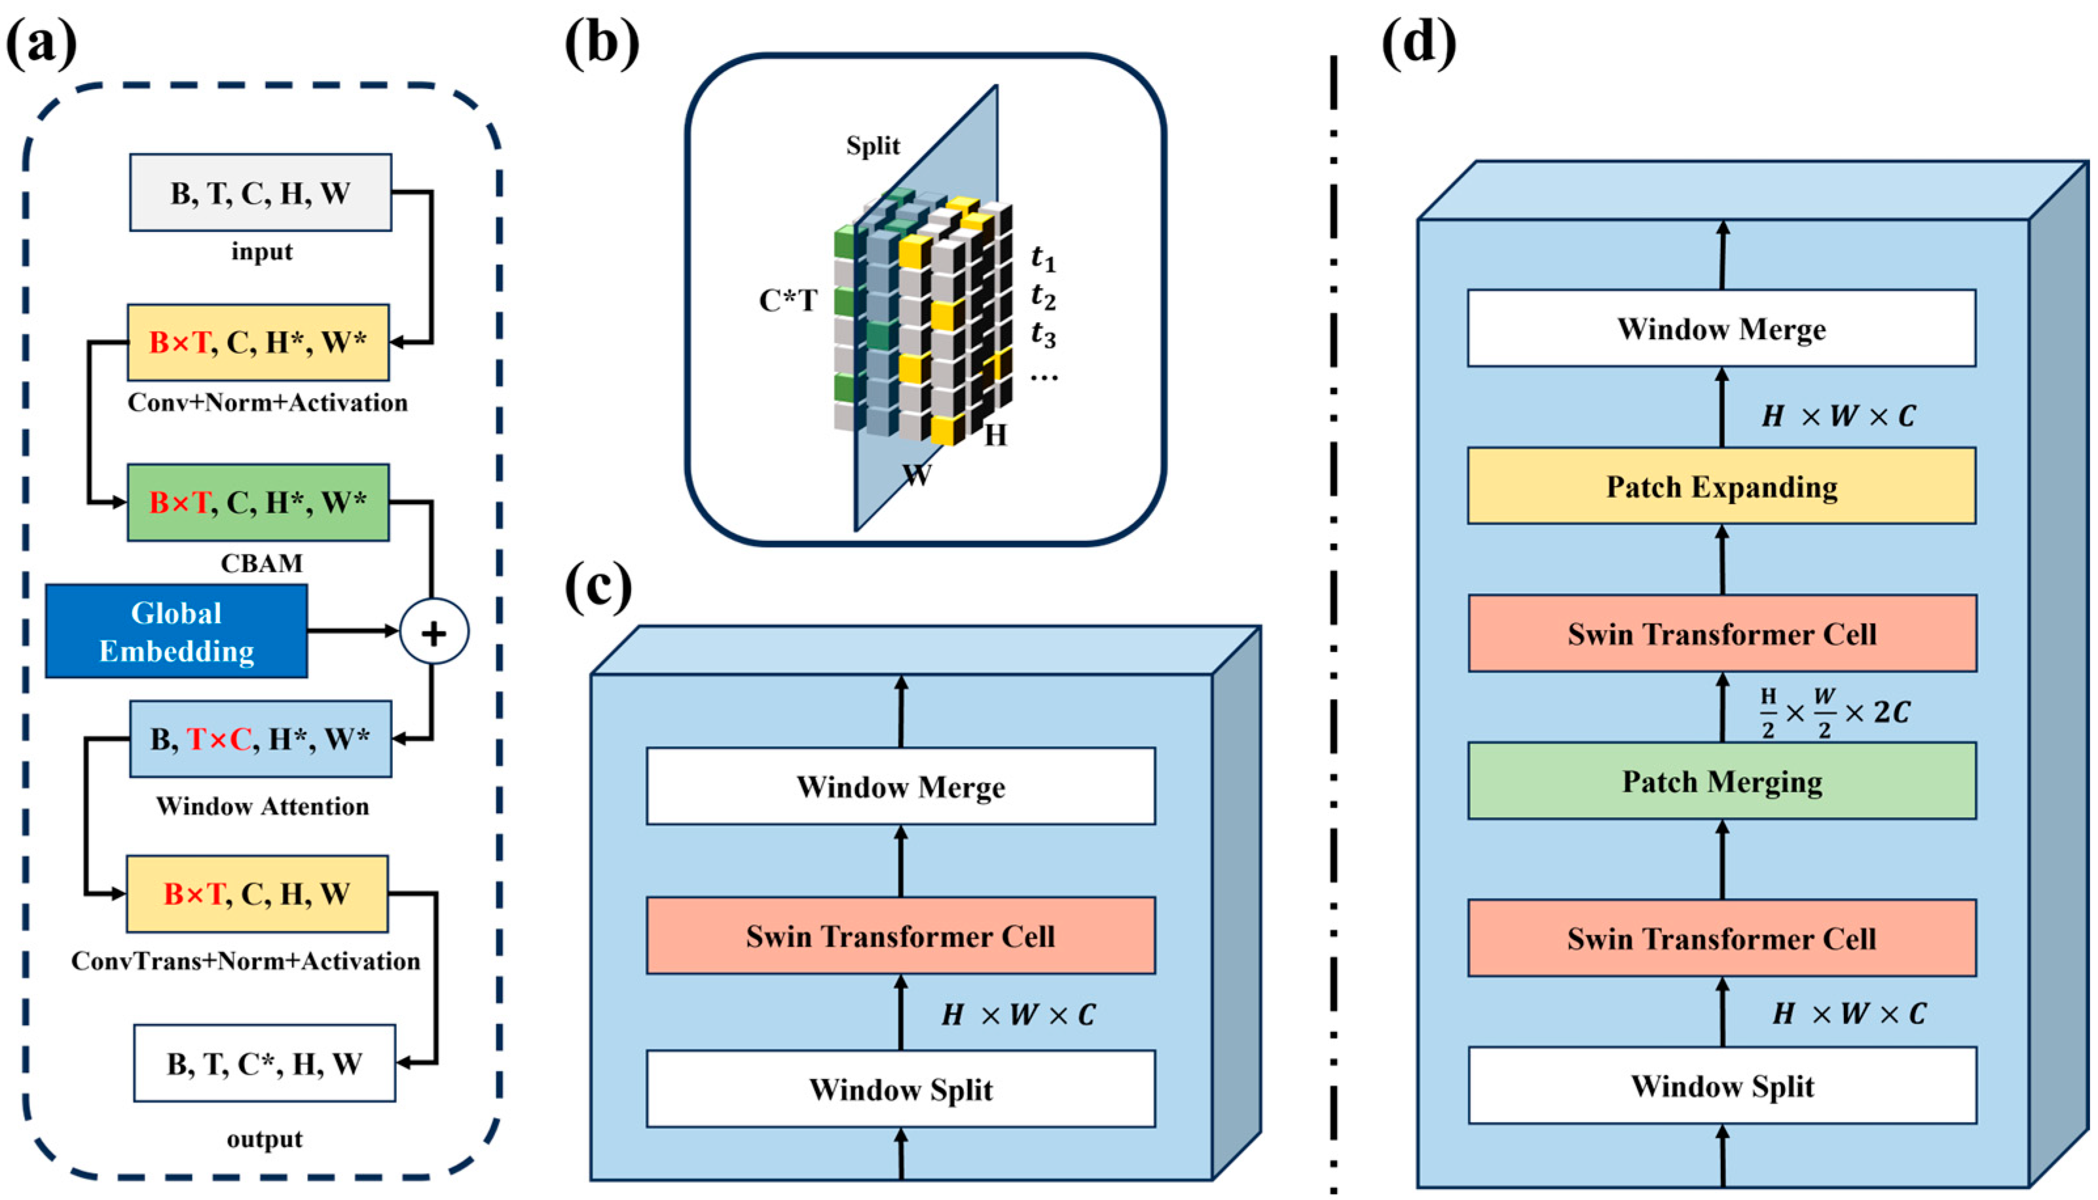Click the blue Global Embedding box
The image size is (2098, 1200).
tap(175, 631)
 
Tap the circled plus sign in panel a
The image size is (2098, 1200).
tap(433, 632)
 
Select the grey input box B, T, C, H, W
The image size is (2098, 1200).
tap(261, 193)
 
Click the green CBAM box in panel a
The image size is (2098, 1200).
tap(258, 502)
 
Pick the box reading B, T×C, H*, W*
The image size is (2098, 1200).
tap(261, 739)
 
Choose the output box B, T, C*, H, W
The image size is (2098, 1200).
tap(264, 1063)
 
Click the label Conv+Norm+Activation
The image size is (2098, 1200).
tap(267, 403)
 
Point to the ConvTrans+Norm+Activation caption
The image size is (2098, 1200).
tap(246, 961)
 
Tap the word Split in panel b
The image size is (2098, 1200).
tap(873, 146)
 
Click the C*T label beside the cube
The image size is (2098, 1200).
tap(788, 301)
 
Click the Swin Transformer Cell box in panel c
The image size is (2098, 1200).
tap(900, 936)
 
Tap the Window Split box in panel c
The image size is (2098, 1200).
tap(900, 1089)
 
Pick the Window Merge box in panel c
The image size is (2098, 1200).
tap(900, 786)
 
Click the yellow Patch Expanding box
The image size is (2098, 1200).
tap(1721, 486)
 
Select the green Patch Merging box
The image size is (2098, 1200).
tap(1721, 780)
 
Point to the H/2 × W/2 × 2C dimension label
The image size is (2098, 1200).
tap(1833, 713)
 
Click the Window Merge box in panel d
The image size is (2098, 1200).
tap(1721, 328)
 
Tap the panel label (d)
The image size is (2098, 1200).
tap(1418, 41)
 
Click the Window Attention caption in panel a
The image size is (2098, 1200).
tap(262, 806)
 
